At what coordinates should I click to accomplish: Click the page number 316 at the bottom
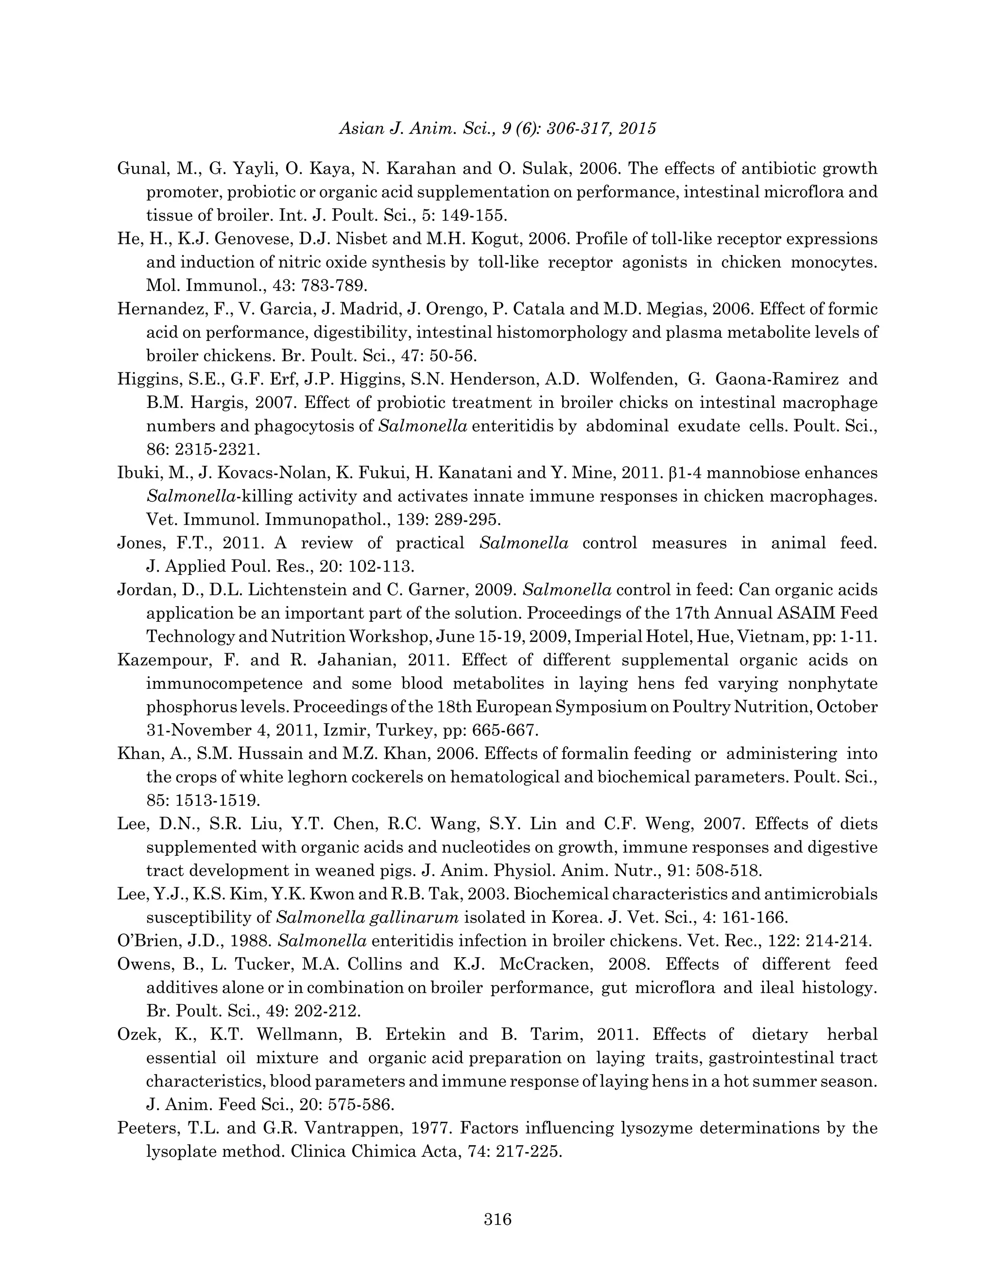tap(497, 1219)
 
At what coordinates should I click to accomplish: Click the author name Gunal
tap(140, 169)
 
